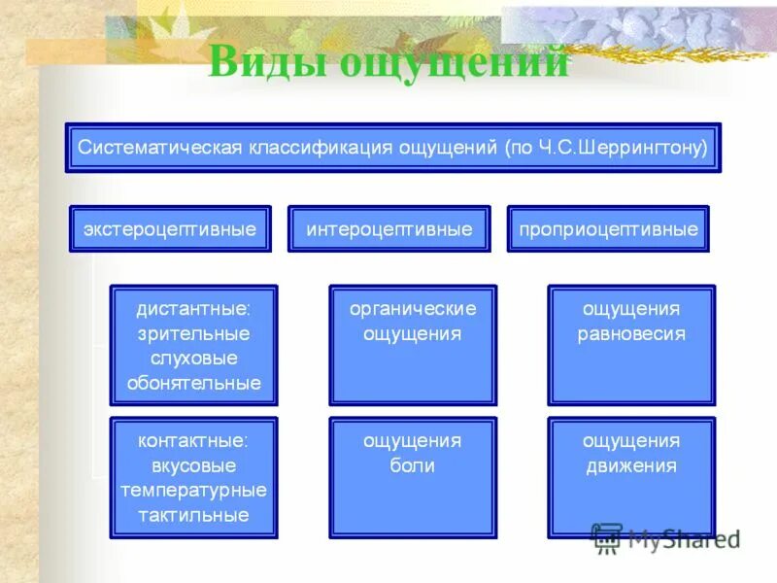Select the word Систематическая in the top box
click(159, 148)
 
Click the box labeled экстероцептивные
click(170, 229)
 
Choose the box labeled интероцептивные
click(389, 229)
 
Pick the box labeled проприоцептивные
click(608, 229)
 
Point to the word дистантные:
click(193, 309)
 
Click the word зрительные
click(193, 333)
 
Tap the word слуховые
click(193, 358)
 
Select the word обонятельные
click(193, 383)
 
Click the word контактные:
click(193, 440)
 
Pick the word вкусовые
click(193, 465)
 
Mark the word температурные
click(193, 491)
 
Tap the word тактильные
click(193, 515)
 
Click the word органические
click(413, 309)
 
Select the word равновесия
click(631, 333)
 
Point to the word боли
click(413, 465)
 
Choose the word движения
click(631, 465)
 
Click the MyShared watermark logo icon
click(607, 537)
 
